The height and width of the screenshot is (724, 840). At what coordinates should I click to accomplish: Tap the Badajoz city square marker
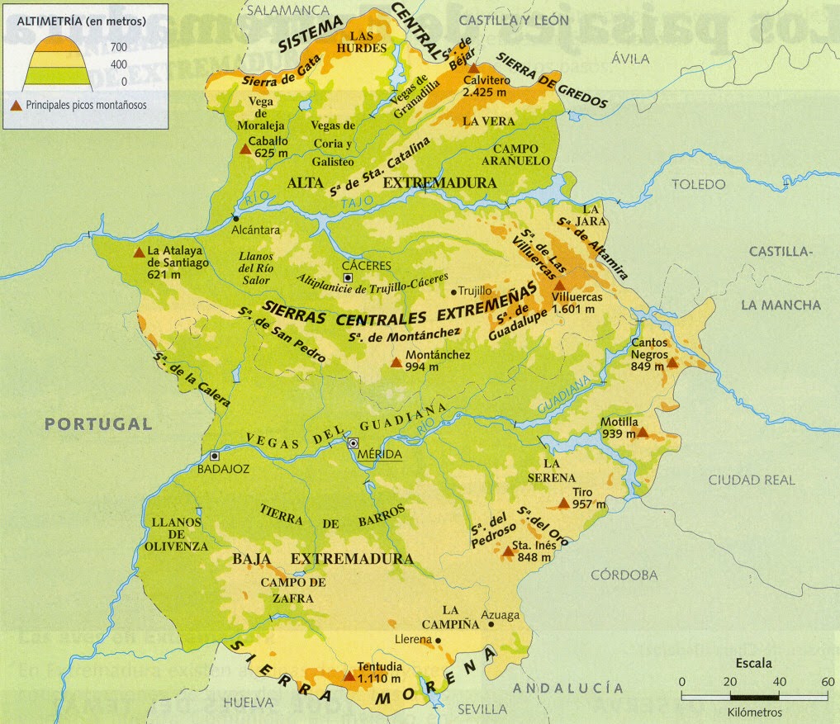click(x=216, y=456)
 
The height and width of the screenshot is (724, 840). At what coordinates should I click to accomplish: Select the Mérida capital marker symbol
click(x=354, y=443)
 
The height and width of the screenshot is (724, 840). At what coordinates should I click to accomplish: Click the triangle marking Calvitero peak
click(x=472, y=69)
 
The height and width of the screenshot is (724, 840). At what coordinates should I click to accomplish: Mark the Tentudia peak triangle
click(x=349, y=676)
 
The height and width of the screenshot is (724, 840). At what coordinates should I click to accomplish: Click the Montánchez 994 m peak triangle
click(x=396, y=361)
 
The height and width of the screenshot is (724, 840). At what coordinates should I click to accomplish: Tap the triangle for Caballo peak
click(x=244, y=150)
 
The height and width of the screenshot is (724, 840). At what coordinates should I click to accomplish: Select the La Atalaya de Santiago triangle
click(x=138, y=253)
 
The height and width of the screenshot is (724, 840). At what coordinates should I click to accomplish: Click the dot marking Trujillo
click(x=453, y=291)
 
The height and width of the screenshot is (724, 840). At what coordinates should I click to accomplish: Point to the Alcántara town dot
click(x=235, y=218)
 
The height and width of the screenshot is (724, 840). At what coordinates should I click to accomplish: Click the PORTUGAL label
click(x=98, y=424)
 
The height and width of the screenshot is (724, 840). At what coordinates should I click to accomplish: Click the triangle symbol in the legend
click(x=17, y=105)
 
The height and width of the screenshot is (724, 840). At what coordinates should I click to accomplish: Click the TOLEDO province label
click(x=698, y=183)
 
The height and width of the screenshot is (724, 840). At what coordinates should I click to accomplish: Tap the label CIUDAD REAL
click(x=752, y=480)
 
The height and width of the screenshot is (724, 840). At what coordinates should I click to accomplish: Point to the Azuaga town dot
click(x=491, y=624)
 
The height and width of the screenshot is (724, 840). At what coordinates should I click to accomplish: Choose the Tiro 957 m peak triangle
click(x=564, y=502)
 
